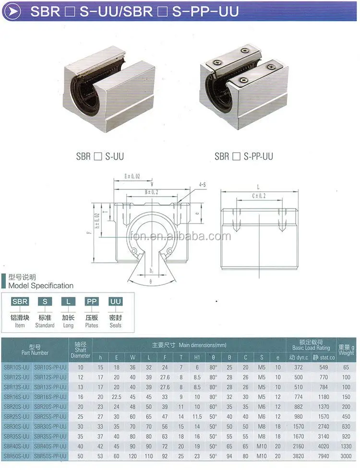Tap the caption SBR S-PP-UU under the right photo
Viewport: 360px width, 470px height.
click(244, 156)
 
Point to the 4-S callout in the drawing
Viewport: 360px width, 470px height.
click(203, 184)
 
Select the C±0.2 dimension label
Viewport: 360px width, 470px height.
click(259, 196)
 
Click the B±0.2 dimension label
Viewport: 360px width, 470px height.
click(151, 192)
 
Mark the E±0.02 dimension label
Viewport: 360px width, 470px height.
click(132, 176)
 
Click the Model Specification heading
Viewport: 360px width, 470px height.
click(41, 286)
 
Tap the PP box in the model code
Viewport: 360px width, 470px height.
click(92, 302)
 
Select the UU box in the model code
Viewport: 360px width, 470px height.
click(115, 302)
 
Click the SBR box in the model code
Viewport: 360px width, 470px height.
click(20, 302)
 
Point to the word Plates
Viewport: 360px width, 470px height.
click(92, 325)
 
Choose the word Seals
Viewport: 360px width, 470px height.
click(115, 325)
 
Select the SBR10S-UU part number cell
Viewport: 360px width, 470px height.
click(17, 366)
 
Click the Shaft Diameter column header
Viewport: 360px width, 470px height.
click(80, 350)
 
